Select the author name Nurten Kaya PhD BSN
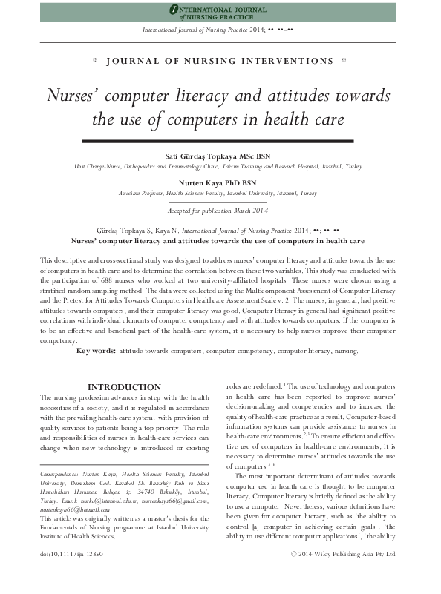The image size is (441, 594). tap(220, 182)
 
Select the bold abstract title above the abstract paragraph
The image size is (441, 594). tap(217, 241)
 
